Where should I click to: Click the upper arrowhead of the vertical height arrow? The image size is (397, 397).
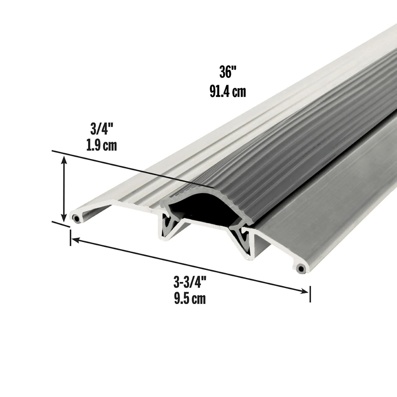(x=64, y=159)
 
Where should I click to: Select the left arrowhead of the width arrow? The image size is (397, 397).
(x=75, y=240)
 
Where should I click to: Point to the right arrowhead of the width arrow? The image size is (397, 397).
(x=304, y=291)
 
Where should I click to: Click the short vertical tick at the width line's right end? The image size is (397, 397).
(x=310, y=294)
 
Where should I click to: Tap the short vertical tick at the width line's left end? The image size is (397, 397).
(x=70, y=238)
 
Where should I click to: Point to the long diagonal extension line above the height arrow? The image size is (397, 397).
(x=132, y=169)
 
